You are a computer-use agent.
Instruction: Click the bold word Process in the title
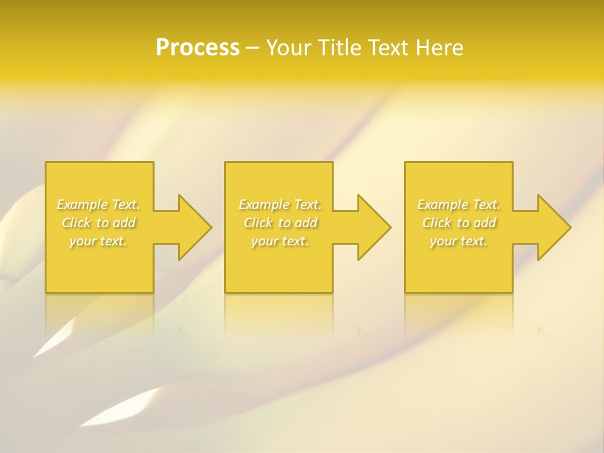198,48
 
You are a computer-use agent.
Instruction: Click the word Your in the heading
290,48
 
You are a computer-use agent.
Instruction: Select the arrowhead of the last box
552,227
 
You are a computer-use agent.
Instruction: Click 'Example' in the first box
82,204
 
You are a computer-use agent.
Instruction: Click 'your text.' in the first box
98,241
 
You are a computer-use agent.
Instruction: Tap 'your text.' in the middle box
280,241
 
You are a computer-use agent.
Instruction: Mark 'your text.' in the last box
459,241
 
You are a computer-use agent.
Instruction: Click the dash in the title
252,49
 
